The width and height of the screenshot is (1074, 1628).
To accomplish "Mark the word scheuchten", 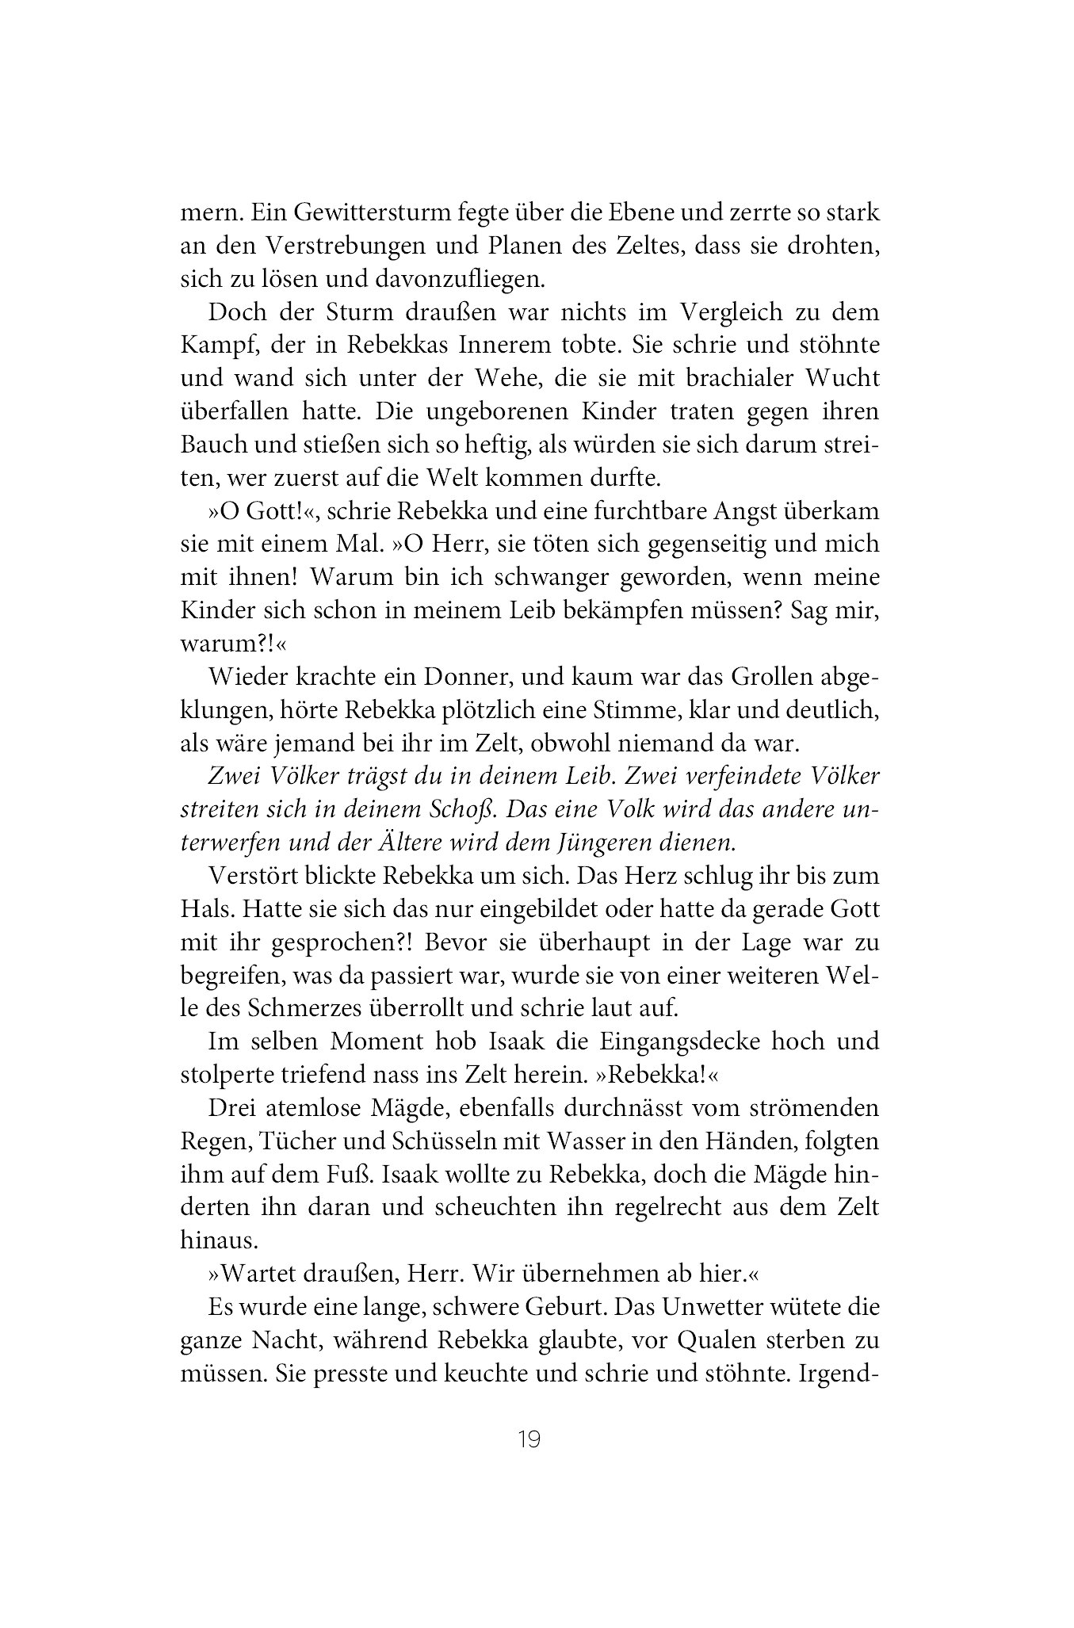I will tap(491, 1207).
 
